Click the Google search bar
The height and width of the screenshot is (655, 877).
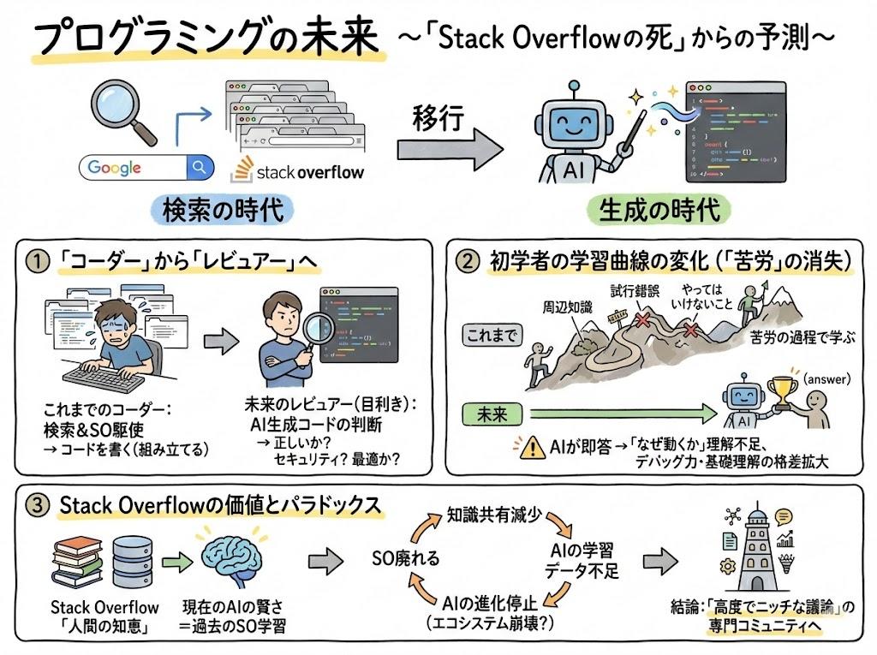coord(146,167)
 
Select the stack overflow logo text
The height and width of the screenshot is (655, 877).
coord(309,171)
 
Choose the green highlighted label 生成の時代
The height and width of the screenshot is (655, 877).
coord(657,209)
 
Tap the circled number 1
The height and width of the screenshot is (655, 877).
coord(34,262)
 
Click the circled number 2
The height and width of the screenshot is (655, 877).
coord(467,261)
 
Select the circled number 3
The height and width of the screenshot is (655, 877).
coord(35,506)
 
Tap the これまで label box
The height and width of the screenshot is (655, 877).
coord(492,335)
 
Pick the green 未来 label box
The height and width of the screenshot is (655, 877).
coord(491,415)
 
